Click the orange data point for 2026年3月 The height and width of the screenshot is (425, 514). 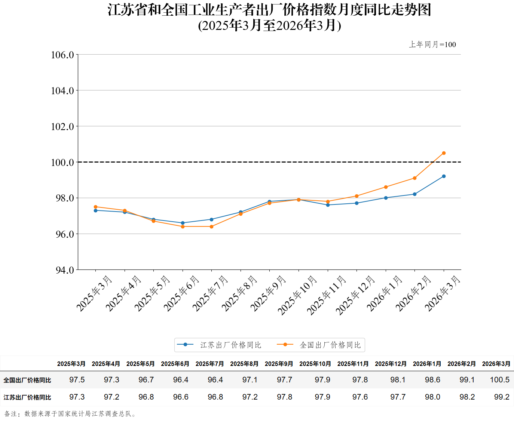pos(444,153)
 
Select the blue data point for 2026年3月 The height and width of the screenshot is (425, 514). pos(444,176)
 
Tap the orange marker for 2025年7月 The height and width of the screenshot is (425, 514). pos(212,227)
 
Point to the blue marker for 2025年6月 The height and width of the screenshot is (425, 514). pos(183,223)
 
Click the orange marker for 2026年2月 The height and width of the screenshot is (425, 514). pos(414,178)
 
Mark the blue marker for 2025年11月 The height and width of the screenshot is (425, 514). pos(328,205)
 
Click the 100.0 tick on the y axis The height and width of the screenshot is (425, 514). pos(62,162)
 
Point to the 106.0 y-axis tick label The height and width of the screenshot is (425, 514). pos(62,55)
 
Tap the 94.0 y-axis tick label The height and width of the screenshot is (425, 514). pos(65,270)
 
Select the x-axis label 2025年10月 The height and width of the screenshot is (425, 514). pos(298,295)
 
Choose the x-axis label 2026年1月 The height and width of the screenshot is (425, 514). pos(385,293)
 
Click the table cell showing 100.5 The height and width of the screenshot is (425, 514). pos(500,380)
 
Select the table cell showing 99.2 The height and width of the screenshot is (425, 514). pos(502,397)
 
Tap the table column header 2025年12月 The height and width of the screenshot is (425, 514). pos(391,364)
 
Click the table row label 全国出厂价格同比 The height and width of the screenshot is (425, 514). pos(27,380)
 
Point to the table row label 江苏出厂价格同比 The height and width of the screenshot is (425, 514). pos(27,397)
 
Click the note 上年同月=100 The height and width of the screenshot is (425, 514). pos(432,44)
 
